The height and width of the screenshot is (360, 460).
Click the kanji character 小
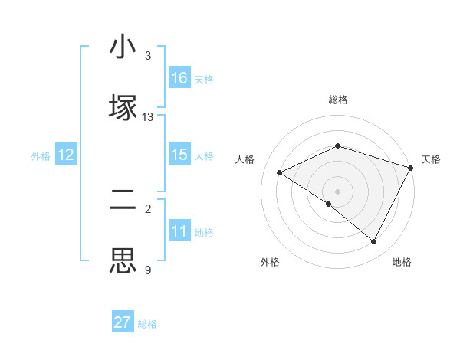click(123, 47)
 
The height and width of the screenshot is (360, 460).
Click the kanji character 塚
click(123, 106)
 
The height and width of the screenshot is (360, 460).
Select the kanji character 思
click(123, 260)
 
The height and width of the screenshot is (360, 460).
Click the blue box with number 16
click(179, 78)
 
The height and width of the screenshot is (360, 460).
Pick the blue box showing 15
click(179, 155)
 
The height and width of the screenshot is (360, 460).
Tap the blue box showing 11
click(179, 231)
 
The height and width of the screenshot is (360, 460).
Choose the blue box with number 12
click(66, 155)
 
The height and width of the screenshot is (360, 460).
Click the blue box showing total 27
click(123, 322)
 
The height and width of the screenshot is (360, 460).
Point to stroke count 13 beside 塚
click(148, 117)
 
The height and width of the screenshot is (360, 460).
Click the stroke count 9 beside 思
click(148, 270)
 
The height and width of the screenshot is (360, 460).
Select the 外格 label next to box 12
click(41, 155)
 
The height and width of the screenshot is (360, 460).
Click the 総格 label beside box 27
click(147, 323)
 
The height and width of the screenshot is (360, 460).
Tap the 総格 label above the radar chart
click(338, 100)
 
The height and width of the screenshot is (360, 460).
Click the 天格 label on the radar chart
click(432, 159)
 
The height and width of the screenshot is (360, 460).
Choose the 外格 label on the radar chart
click(270, 263)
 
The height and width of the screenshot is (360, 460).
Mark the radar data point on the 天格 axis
click(412, 168)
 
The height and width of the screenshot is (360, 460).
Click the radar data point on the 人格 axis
click(280, 173)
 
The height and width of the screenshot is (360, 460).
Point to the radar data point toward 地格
click(374, 242)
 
